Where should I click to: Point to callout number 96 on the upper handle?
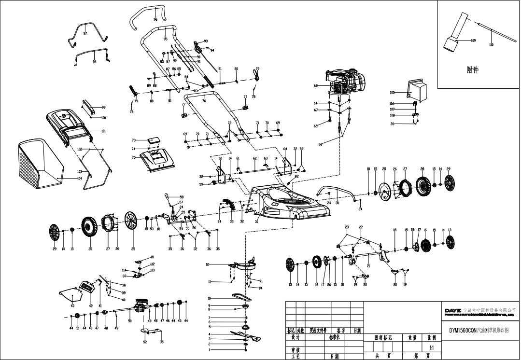coord(155,19)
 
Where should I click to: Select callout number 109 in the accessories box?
coord(473,41)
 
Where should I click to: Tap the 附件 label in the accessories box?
coord(473,69)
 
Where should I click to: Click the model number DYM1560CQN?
coord(463,331)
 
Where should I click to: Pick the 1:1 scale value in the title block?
coord(431,347)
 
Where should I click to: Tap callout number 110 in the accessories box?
coord(491,44)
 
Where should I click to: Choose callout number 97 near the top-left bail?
coord(85,33)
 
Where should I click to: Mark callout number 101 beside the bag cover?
coord(103,131)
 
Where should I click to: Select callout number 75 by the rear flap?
coord(134,157)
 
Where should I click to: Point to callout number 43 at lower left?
coord(72,306)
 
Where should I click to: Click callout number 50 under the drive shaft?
coord(129,320)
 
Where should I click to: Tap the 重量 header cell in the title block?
coord(412,338)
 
